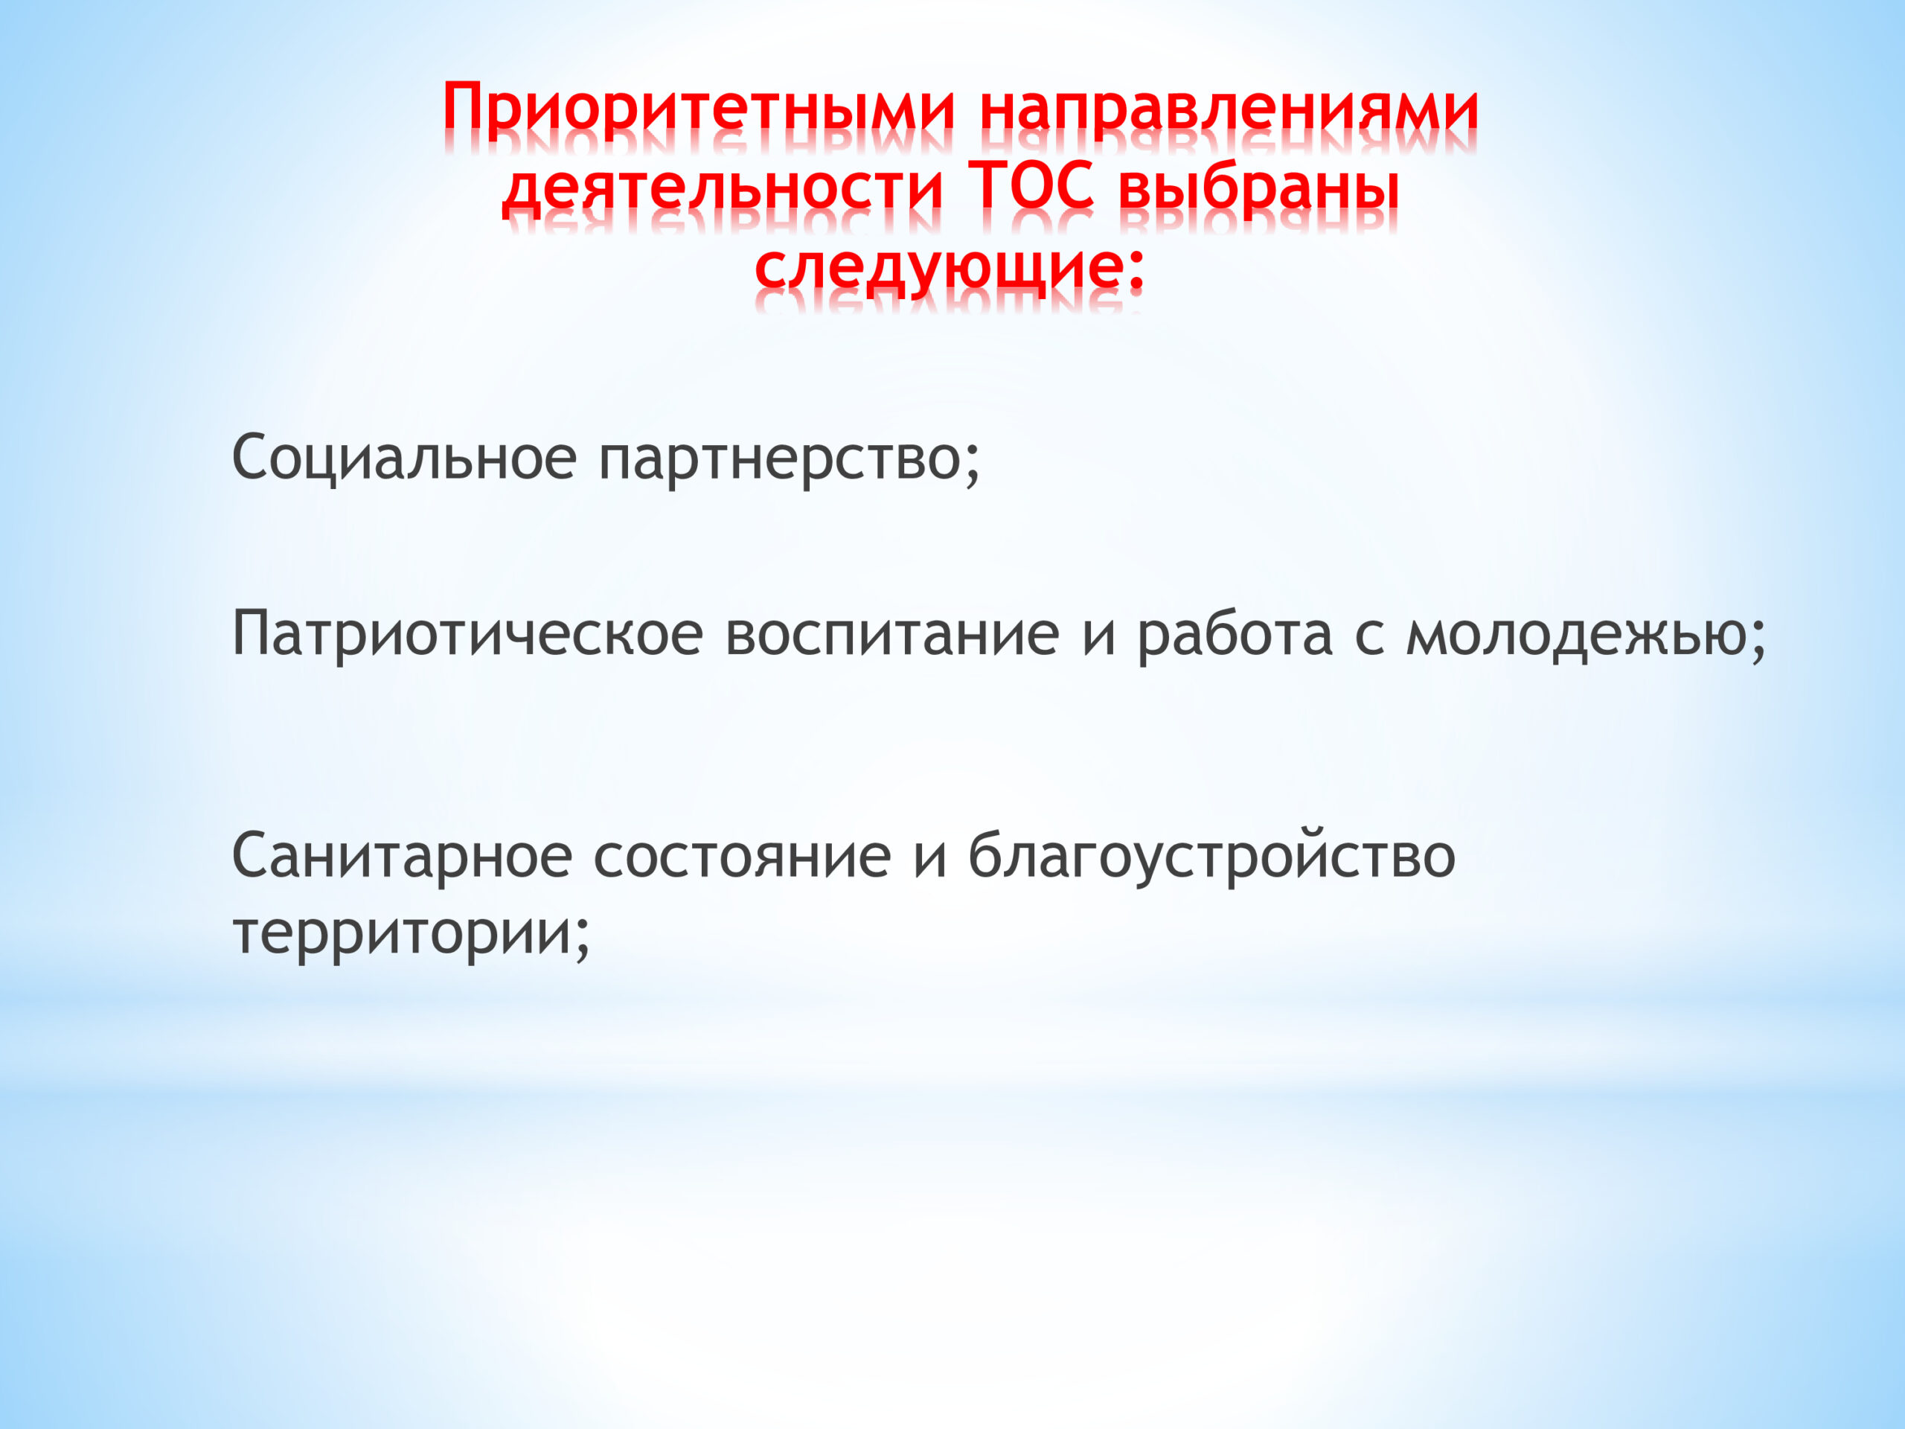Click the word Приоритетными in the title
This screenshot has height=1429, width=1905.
click(699, 111)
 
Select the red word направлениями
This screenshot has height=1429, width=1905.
click(1229, 111)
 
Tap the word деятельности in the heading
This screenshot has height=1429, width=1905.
click(723, 188)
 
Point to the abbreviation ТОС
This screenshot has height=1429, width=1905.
click(1031, 185)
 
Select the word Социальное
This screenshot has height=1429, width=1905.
click(404, 458)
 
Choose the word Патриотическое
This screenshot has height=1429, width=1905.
click(467, 634)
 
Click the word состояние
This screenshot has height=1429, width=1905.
click(743, 859)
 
